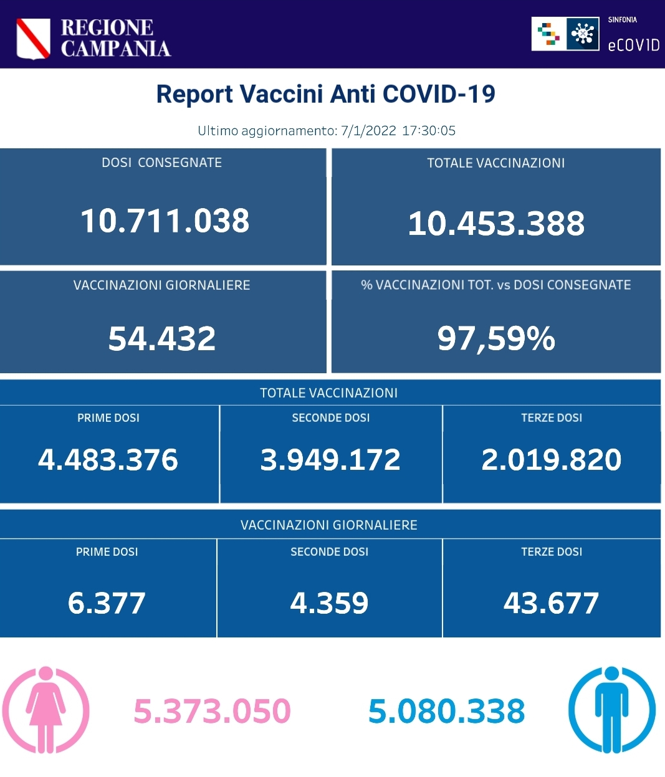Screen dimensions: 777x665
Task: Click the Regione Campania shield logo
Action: (x=33, y=38)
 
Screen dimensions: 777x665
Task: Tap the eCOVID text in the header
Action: (x=633, y=45)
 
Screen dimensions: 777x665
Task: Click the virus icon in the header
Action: (x=583, y=34)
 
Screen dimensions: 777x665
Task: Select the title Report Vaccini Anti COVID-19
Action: (x=325, y=94)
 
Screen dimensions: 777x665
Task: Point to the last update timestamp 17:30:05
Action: (x=429, y=131)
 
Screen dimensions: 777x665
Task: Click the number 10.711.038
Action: (x=165, y=221)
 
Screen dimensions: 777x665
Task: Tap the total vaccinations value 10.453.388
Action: (x=496, y=223)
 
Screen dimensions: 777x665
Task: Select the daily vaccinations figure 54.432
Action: (x=162, y=338)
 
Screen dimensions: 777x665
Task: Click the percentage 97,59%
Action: (x=496, y=338)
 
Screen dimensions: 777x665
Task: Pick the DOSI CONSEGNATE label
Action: (x=161, y=163)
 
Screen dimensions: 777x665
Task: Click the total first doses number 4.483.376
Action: (x=108, y=460)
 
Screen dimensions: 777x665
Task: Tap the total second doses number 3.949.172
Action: (x=330, y=460)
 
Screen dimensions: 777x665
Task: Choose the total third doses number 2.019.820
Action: (x=552, y=460)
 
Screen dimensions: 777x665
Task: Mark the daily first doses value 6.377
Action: (x=107, y=603)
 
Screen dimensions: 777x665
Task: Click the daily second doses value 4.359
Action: (x=330, y=603)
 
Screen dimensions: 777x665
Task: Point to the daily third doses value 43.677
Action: (x=552, y=603)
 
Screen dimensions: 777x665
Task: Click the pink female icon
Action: (x=45, y=710)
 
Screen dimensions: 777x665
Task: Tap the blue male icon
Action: (x=611, y=710)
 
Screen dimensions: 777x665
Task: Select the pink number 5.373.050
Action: (x=213, y=712)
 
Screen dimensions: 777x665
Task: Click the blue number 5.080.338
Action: (x=447, y=712)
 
